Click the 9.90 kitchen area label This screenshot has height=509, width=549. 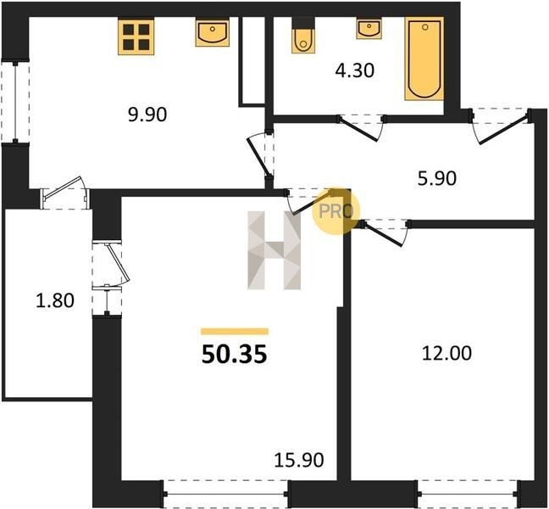pos(147,115)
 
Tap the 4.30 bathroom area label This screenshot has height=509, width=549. pos(355,70)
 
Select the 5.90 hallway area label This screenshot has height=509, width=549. pos(437,178)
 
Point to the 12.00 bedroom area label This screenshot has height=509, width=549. pos(446,353)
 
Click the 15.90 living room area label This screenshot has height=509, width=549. pos(299,460)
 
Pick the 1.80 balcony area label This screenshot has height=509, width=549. pos(55,301)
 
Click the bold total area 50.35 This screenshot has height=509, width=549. pos(234,354)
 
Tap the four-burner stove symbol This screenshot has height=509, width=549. pos(136,37)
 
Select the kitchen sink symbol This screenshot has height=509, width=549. pos(212,33)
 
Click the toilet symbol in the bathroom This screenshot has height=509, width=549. pos(302,36)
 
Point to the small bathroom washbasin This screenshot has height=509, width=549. pos(369,29)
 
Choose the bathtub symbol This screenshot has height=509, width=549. pos(424,59)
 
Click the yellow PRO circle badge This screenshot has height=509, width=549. pos(335,211)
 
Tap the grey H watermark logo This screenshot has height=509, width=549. pos(274,250)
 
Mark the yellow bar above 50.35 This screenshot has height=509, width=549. pos(235,331)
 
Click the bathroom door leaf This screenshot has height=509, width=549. pos(358,130)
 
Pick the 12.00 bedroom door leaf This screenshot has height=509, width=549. pos(382,234)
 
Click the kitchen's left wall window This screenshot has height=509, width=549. pos(15,102)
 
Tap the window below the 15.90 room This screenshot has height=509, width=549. pos(225,494)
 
